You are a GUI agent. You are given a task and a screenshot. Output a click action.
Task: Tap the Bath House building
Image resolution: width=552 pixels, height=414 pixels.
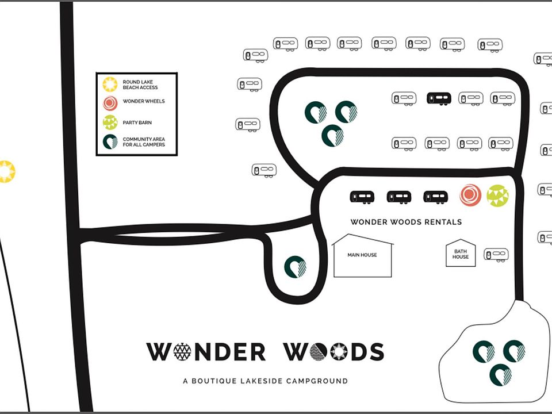pos(461,254)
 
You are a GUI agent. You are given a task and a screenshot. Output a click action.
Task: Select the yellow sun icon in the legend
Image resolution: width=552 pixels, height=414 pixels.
pos(110,85)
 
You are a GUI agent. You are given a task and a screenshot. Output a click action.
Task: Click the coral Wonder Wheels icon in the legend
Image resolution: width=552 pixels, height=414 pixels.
pos(110,103)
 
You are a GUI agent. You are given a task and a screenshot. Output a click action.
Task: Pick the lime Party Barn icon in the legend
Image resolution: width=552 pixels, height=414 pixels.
pos(110,122)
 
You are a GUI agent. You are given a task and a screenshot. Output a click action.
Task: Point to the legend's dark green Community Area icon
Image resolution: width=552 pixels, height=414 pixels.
pos(110,141)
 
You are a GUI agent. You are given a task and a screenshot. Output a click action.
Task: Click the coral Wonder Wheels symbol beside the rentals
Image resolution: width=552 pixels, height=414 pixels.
pos(470,195)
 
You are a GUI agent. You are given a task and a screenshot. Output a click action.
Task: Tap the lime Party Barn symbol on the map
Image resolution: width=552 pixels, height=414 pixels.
pos(497,195)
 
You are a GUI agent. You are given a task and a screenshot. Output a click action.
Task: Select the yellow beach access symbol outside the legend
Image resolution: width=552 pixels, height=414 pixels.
pos(6,171)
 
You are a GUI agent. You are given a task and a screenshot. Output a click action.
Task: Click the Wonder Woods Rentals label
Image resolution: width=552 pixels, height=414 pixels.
pos(406,222)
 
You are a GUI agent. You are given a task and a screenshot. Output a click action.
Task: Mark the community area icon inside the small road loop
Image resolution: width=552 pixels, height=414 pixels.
pos(295,267)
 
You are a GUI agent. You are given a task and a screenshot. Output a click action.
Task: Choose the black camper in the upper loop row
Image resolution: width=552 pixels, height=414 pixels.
pos(439,98)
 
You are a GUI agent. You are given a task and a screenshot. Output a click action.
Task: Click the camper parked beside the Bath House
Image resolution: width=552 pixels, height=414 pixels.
pos(495,254)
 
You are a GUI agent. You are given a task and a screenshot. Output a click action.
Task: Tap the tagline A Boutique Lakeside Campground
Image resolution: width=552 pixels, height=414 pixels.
pos(265,381)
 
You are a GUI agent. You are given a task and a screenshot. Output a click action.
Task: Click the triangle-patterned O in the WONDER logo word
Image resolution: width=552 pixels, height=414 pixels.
pos(182,351)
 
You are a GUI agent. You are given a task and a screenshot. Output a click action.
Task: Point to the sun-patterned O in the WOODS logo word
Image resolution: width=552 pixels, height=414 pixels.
pos(338,351)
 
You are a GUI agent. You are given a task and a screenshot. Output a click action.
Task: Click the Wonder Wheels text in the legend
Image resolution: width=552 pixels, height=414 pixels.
pos(143,101)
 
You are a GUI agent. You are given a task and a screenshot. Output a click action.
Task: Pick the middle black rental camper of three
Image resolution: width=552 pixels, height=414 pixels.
pos(398,197)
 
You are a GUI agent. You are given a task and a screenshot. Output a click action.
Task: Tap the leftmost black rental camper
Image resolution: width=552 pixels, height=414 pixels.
pos(362,197)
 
